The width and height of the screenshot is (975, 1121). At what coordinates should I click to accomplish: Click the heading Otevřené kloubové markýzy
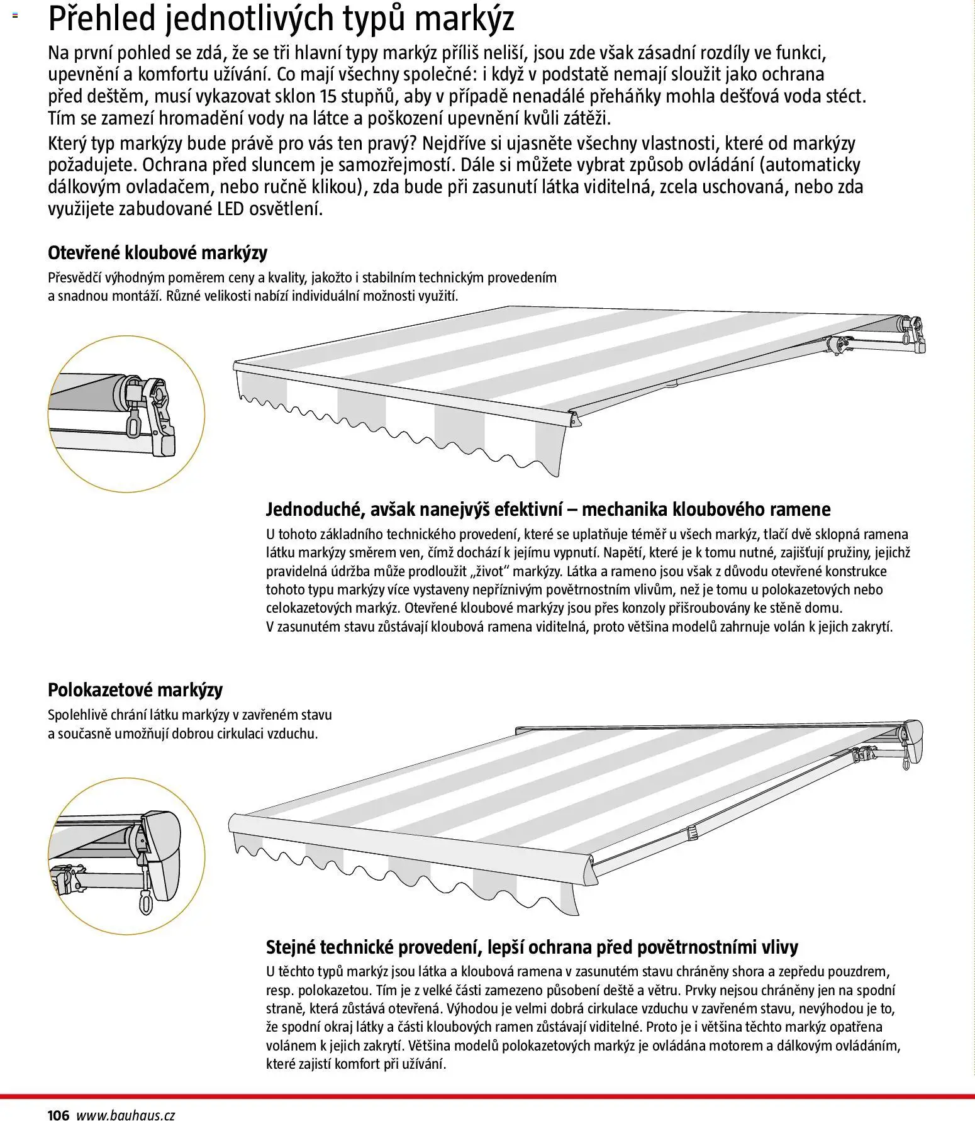click(157, 253)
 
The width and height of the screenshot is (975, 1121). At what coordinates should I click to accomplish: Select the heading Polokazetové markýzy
click(135, 690)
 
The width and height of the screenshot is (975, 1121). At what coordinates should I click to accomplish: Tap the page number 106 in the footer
click(58, 1115)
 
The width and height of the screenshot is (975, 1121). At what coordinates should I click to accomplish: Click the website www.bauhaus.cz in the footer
click(125, 1115)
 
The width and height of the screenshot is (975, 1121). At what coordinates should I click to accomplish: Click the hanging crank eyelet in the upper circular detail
click(133, 425)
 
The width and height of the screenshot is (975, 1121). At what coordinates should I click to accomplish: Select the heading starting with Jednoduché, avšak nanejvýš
click(548, 509)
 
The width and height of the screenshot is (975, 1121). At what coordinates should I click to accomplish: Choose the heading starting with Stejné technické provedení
click(532, 947)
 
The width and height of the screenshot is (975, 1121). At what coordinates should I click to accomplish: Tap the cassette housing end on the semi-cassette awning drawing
click(912, 742)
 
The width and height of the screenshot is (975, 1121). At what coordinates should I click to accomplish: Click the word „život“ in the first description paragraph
click(516, 572)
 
